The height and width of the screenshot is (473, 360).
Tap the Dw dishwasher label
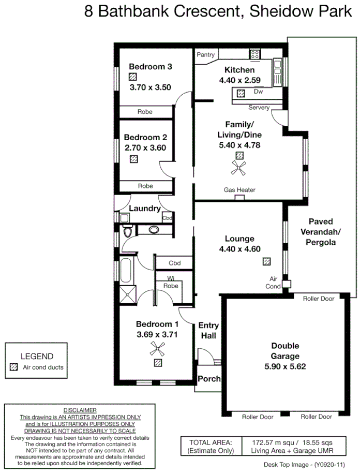(x=258, y=92)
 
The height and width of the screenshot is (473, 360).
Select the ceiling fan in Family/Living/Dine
(x=239, y=167)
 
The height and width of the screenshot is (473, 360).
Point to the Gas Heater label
(x=239, y=190)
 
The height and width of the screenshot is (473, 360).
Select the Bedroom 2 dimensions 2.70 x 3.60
(x=145, y=147)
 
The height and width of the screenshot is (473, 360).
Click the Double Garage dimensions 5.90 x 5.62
(x=285, y=366)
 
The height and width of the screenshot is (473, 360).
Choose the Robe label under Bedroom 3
(x=145, y=111)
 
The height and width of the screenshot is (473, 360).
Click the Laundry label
(x=144, y=209)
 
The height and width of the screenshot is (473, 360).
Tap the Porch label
(x=209, y=379)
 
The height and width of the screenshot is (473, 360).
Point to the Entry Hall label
(x=208, y=330)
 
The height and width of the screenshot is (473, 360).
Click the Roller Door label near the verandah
(x=319, y=299)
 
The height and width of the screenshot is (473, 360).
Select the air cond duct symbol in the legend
(x=14, y=367)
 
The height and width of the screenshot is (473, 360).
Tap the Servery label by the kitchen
(x=259, y=108)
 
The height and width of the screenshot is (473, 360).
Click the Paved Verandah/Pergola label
(x=321, y=231)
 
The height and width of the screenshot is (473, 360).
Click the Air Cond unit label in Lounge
(x=274, y=282)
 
